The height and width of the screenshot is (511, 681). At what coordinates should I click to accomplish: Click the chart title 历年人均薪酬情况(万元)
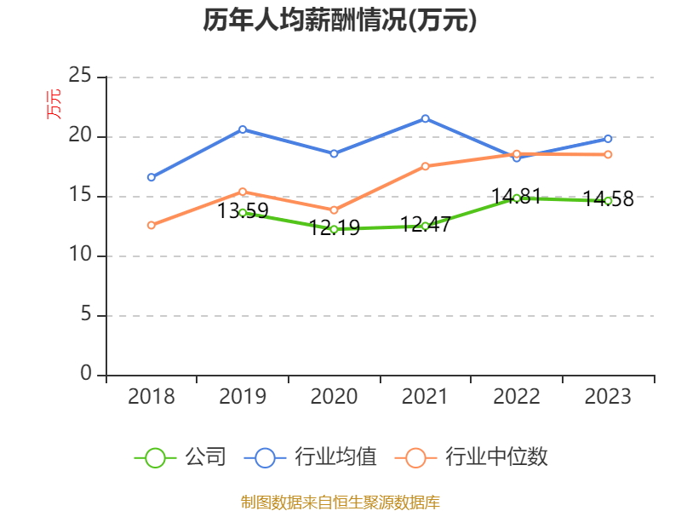point(340,20)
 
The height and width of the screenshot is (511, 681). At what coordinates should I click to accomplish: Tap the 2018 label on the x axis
point(151,396)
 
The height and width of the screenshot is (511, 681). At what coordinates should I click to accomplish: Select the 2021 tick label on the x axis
point(425,396)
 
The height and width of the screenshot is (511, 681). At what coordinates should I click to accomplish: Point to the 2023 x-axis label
point(608,396)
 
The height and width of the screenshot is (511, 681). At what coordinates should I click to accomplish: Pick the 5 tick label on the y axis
point(86,315)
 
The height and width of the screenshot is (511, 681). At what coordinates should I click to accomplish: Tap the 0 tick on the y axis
point(86,375)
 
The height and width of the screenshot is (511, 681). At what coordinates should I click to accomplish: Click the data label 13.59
point(243,210)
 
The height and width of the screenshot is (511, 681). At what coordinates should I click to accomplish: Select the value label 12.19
point(334,227)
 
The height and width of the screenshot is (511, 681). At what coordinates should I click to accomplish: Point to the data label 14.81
point(517,196)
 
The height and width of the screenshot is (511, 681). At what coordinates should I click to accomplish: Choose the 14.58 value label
point(608,199)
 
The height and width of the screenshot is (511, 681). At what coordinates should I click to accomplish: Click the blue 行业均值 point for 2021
point(426,118)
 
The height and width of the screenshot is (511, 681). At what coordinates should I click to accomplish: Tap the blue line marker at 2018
point(152,177)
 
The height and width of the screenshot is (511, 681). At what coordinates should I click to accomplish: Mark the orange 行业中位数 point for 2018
point(152,225)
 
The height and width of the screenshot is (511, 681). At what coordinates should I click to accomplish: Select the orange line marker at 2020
point(334,210)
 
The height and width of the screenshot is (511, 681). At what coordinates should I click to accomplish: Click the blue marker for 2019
point(243,129)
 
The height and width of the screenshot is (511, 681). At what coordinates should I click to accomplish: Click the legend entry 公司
point(181,457)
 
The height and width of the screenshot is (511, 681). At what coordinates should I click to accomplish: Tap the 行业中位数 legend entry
point(472,457)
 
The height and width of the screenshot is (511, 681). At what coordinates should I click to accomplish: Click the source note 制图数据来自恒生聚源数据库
point(340,502)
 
